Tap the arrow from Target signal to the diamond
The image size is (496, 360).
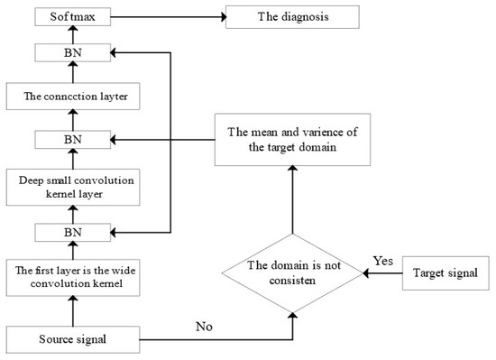(379, 272)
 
